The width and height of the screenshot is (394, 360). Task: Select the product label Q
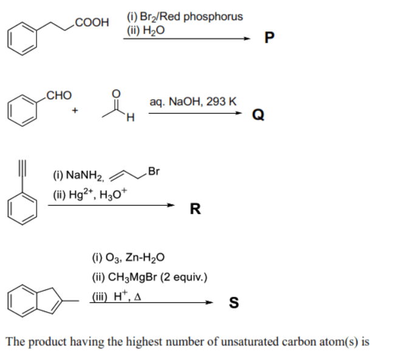[x=258, y=115]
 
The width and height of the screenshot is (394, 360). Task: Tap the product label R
[x=195, y=210]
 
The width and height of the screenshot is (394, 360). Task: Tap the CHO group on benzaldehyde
[x=59, y=95]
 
